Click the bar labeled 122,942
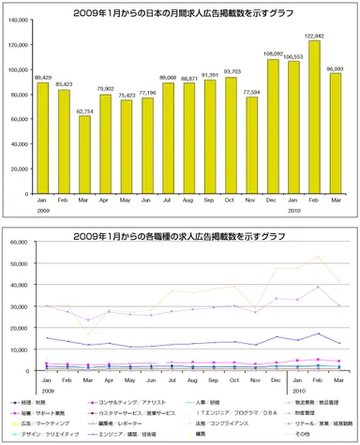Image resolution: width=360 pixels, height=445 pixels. click(316, 113)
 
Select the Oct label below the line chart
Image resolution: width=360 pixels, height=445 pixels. click(232, 379)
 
